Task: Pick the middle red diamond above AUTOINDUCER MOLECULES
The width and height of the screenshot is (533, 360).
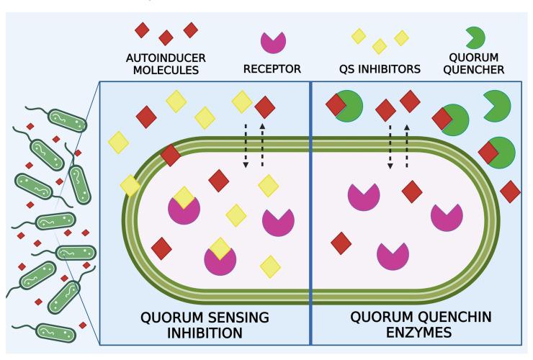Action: [x=166, y=37]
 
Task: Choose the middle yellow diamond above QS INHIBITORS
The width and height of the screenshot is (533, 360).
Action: [x=379, y=46]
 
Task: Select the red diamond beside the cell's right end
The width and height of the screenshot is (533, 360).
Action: [x=510, y=192]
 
